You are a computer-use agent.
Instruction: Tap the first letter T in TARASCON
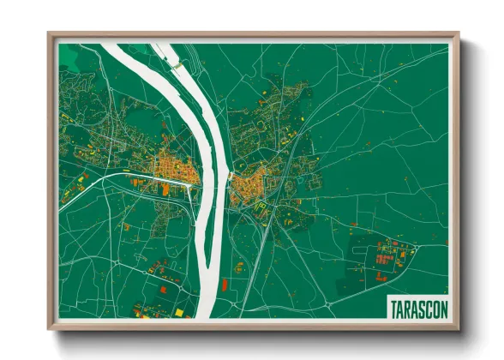pyautogui.click(x=393, y=307)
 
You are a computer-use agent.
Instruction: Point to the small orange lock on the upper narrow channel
pyautogui.click(x=176, y=63)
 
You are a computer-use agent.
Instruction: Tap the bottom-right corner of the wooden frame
pyautogui.click(x=458, y=327)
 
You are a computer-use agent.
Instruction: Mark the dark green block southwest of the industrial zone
pyautogui.click(x=351, y=283)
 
